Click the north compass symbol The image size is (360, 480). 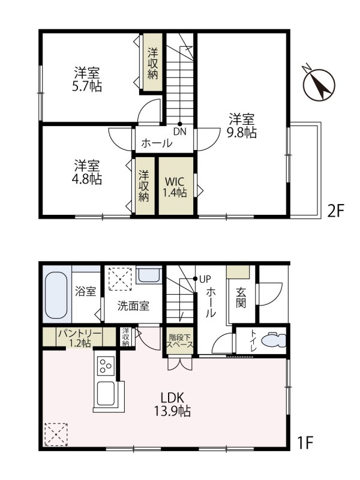pyautogui.click(x=319, y=85)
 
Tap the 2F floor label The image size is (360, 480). pyautogui.click(x=335, y=211)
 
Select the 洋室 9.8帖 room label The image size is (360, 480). pyautogui.click(x=241, y=125)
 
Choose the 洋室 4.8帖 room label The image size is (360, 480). pyautogui.click(x=88, y=171)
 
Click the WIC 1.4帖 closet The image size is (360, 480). pyautogui.click(x=175, y=186)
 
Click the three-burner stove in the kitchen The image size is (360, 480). pyautogui.click(x=106, y=366)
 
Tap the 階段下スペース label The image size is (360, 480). pyautogui.click(x=180, y=341)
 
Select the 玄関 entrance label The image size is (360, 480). pyautogui.click(x=241, y=298)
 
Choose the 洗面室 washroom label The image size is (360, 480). pyautogui.click(x=133, y=305)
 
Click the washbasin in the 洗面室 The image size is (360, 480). pyautogui.click(x=148, y=276)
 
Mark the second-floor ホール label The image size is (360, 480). pyautogui.click(x=157, y=144)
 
